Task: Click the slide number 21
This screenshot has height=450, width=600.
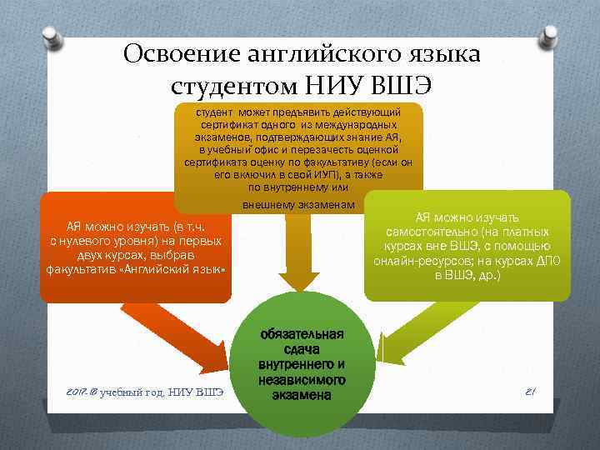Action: pyautogui.click(x=530, y=390)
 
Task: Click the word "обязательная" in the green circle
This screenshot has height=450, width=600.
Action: pyautogui.click(x=301, y=335)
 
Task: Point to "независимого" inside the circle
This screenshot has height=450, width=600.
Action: pyautogui.click(x=302, y=379)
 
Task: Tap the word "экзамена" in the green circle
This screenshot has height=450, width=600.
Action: pyautogui.click(x=301, y=394)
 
